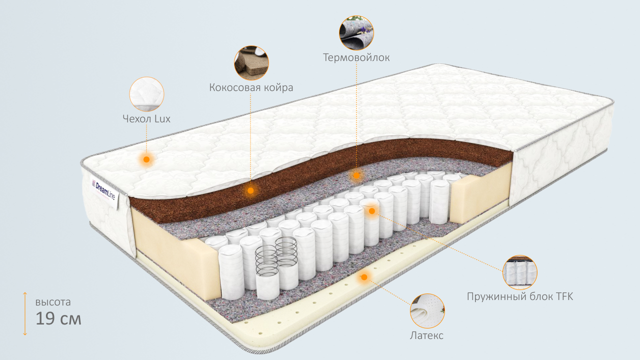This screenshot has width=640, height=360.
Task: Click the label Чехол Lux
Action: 146,119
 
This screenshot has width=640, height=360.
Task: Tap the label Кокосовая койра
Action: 251,87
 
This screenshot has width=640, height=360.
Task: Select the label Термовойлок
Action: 356,57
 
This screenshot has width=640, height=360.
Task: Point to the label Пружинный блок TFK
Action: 520,296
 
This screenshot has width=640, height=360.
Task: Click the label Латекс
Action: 426,335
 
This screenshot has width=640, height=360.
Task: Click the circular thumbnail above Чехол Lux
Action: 146,94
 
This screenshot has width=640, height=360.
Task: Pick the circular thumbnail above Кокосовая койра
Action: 251,63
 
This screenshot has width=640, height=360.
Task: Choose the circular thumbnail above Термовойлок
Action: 356,32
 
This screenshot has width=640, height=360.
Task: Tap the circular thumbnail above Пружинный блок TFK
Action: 520,272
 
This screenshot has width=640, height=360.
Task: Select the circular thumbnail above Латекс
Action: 427,311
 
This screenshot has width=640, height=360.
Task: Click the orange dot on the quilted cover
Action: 146,159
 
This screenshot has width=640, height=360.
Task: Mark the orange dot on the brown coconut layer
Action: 251,190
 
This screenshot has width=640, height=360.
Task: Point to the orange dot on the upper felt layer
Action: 356,175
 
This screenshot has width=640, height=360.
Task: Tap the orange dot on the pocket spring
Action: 371,211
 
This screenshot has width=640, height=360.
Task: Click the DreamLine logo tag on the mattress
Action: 103,189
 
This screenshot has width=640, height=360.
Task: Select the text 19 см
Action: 58,318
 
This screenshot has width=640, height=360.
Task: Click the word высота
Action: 53,302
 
